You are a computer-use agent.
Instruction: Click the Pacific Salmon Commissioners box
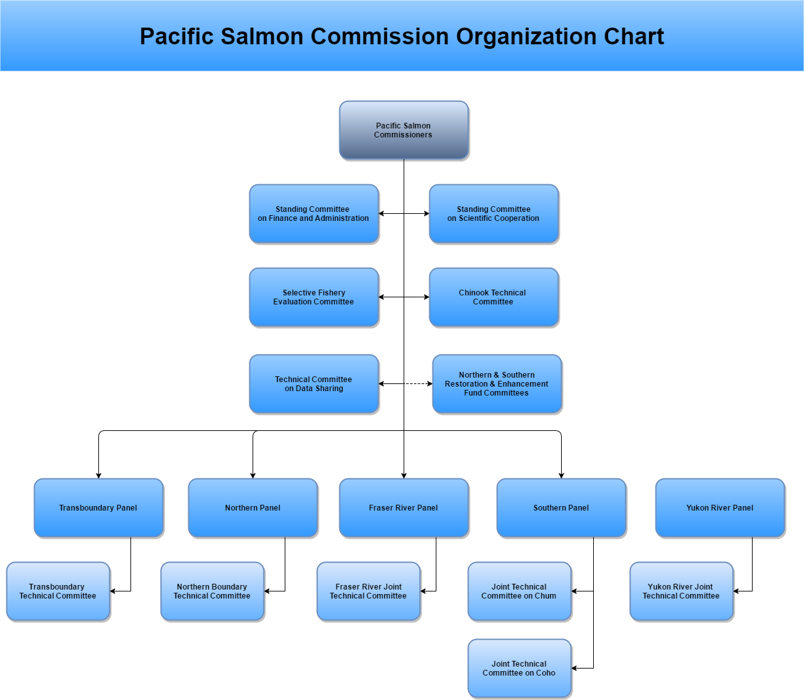pos(404,130)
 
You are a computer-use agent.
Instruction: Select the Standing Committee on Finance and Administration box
pos(314,214)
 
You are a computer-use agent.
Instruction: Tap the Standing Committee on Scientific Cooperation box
pos(494,214)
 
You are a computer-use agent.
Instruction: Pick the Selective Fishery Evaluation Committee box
pos(314,297)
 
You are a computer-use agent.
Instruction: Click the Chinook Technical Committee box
pos(494,297)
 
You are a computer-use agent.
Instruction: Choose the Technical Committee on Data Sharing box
pos(314,383)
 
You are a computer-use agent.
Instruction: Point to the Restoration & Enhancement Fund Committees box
pos(497,383)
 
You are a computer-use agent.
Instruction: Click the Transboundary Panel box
pos(98,507)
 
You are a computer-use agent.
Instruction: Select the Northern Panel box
pos(253,507)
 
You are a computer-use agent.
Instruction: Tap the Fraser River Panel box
pos(404,507)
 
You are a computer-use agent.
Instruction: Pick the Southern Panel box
pos(561,507)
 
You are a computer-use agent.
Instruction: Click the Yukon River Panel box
pos(720,507)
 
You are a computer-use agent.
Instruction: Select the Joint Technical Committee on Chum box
pos(519,591)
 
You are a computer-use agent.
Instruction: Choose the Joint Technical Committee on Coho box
pos(519,668)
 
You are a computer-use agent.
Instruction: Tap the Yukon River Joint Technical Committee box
pos(681,591)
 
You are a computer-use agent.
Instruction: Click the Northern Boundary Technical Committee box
pos(212,591)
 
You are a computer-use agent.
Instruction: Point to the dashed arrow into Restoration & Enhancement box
pos(418,383)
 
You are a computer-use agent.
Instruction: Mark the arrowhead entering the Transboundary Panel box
pos(98,476)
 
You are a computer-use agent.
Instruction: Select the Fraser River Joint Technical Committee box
pos(368,591)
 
